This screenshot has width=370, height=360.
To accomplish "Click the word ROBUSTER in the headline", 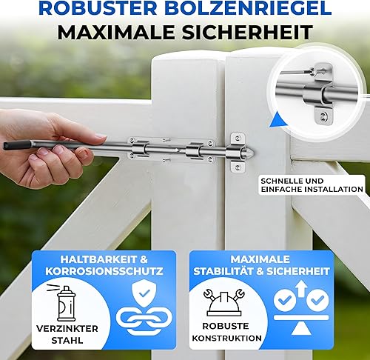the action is coord(98,8).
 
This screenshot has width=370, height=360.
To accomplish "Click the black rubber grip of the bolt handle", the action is coord(17,145).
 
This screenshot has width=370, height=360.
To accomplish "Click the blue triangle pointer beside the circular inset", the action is coord(277,120).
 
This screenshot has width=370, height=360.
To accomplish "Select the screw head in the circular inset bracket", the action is coord(323,116).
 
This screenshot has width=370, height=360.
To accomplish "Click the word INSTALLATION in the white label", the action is coord(334,189).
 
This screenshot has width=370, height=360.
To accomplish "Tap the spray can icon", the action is coord(64,303).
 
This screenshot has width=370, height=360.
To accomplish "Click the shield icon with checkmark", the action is coord(144,294).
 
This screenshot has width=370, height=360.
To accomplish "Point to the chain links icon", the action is coord(144,320).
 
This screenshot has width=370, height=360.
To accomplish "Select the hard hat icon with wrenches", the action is coord(224,302).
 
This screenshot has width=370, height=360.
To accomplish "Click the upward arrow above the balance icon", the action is coord(301,288).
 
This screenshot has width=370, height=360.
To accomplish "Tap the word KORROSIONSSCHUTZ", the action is coord(104,271).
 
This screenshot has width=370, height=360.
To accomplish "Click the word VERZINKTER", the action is coord(67,329).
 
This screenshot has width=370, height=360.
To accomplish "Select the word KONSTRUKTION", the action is coord(226,338).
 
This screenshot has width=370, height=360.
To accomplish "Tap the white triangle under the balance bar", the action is coord(300,330).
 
